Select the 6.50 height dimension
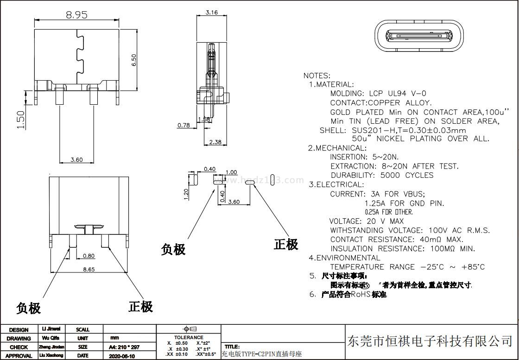click(134, 60)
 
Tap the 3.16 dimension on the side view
click(211, 13)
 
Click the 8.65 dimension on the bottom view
click(89, 269)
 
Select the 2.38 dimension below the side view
click(215, 142)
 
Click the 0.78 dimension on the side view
click(184, 125)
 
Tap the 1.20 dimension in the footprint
click(187, 194)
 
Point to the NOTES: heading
click(317, 76)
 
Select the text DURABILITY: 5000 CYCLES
click(382, 175)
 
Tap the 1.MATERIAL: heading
click(331, 85)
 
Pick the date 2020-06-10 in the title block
click(122, 356)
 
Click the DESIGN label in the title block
click(19, 330)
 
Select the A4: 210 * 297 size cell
click(124, 347)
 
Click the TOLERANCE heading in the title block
click(189, 337)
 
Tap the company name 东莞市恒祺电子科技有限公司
click(430, 341)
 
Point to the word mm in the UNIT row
click(115, 338)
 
